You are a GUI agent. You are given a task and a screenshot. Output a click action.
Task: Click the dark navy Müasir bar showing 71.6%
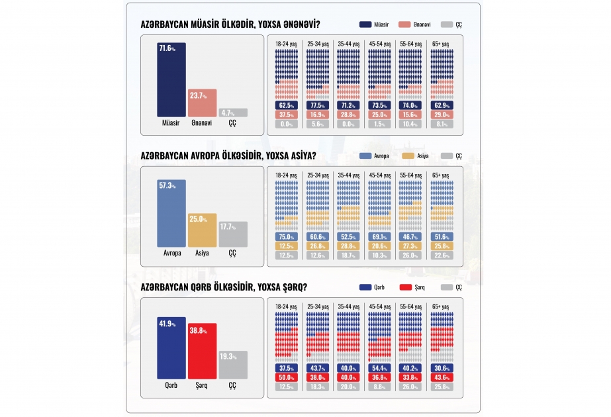click(171, 79)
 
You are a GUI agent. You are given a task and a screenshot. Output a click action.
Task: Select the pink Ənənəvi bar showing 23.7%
click(203, 103)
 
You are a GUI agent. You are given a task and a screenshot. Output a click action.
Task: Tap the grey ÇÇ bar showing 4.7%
click(233, 113)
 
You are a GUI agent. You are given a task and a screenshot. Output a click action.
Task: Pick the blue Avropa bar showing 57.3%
click(171, 213)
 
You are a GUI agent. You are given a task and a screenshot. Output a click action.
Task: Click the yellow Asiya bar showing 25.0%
click(203, 230)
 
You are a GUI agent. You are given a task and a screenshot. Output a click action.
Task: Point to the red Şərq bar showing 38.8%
click(203, 351)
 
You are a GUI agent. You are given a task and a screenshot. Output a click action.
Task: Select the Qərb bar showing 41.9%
click(171, 348)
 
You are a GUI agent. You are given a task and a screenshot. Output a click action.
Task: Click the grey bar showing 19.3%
click(233, 365)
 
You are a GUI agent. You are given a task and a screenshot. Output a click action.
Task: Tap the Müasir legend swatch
click(365, 24)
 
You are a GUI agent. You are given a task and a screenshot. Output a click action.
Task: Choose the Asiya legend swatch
click(408, 156)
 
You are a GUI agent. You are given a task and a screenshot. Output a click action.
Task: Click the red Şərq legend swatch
click(406, 287)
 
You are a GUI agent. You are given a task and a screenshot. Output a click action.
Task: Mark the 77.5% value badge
click(318, 105)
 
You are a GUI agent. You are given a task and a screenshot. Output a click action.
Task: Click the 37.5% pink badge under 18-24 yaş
click(287, 115)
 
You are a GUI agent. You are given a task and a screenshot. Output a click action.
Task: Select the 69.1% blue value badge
click(379, 236)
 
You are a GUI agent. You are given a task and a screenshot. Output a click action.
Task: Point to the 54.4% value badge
click(379, 368)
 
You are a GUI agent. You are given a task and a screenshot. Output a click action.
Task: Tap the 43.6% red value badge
click(442, 377)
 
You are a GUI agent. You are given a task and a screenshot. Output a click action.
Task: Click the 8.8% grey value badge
click(379, 387)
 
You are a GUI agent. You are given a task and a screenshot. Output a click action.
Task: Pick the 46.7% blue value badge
click(410, 236)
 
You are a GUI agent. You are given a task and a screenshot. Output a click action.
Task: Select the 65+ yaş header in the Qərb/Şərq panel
click(441, 306)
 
